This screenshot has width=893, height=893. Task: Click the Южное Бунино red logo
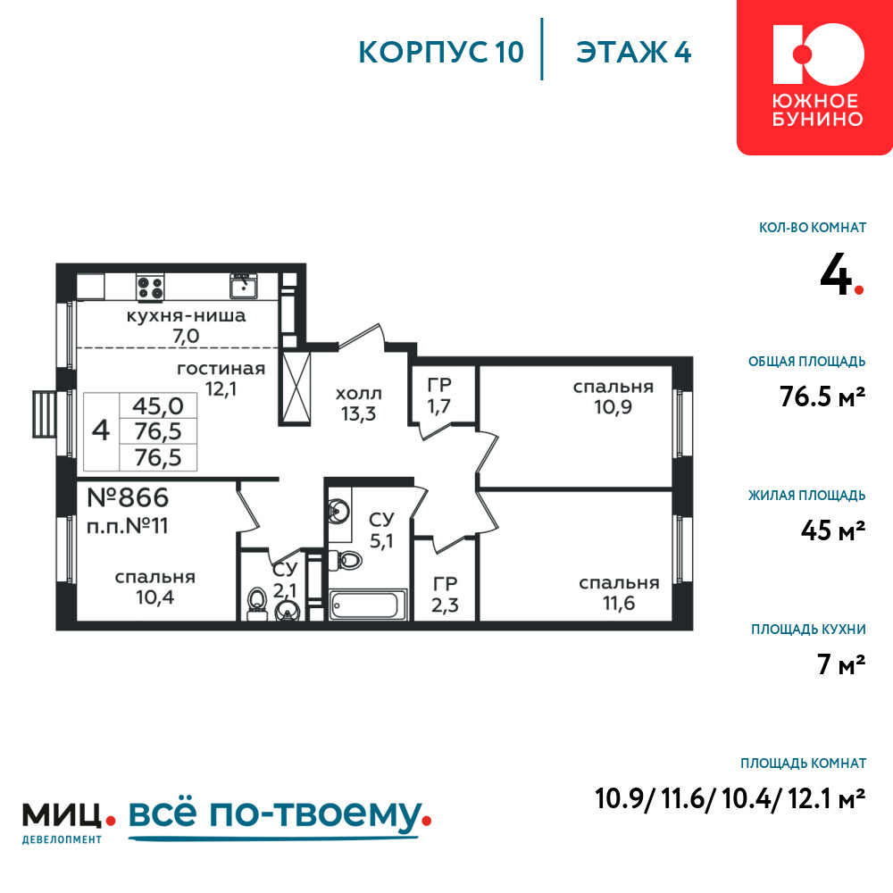(x=814, y=77)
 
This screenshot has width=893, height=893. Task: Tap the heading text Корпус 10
(x=441, y=53)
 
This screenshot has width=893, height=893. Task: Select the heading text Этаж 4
(x=633, y=53)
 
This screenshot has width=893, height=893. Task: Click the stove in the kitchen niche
(x=150, y=287)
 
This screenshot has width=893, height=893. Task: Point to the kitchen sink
(x=244, y=286)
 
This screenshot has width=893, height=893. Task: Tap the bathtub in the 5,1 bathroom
(x=368, y=605)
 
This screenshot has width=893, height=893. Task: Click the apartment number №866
(x=128, y=497)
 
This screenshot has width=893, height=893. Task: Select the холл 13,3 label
(x=359, y=404)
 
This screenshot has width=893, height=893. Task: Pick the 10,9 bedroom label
(x=613, y=397)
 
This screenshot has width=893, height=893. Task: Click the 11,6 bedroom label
(x=619, y=593)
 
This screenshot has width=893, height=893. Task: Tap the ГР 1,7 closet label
(x=439, y=396)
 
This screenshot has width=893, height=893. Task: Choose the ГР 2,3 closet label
(x=445, y=595)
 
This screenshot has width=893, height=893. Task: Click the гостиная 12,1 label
(x=221, y=379)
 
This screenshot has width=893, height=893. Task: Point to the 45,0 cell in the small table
(x=158, y=406)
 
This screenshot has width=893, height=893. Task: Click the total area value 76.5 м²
(x=822, y=396)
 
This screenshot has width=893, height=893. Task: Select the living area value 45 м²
(x=833, y=530)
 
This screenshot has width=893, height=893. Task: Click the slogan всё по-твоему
(x=280, y=817)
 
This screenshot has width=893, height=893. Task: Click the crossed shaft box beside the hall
(x=296, y=388)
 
